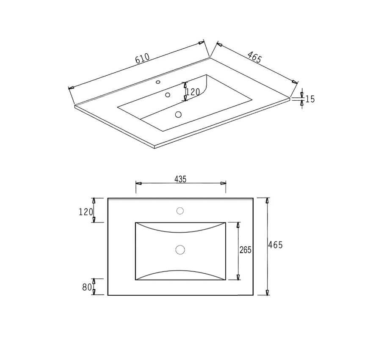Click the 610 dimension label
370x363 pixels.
[143, 58]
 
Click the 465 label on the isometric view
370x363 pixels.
[254, 57]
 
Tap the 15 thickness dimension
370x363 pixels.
[310, 99]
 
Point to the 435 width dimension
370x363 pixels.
[180, 179]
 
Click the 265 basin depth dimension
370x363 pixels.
[246, 250]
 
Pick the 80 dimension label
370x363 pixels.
[87, 287]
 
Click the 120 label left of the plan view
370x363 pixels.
[86, 212]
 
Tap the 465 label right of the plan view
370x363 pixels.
[275, 245]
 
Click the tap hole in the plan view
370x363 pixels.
[180, 211]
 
